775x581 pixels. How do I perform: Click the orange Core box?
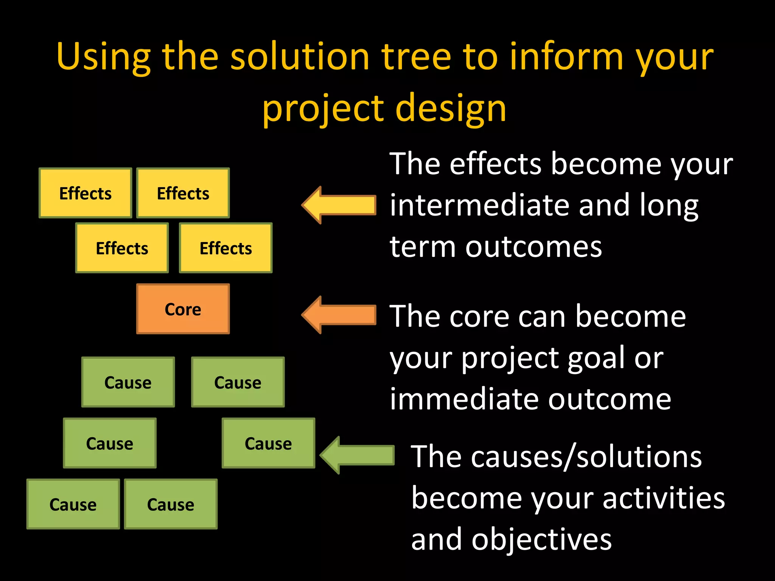point(183,309)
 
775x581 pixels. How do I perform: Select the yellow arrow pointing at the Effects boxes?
point(339,205)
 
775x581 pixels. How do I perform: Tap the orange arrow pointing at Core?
point(339,315)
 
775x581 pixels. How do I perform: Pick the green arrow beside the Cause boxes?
point(358,455)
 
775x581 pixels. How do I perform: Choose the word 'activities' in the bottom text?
point(663,498)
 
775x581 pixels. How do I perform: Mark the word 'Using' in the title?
point(103,57)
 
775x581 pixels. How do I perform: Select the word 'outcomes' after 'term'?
point(534,247)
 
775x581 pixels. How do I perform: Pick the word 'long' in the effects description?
point(669,206)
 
